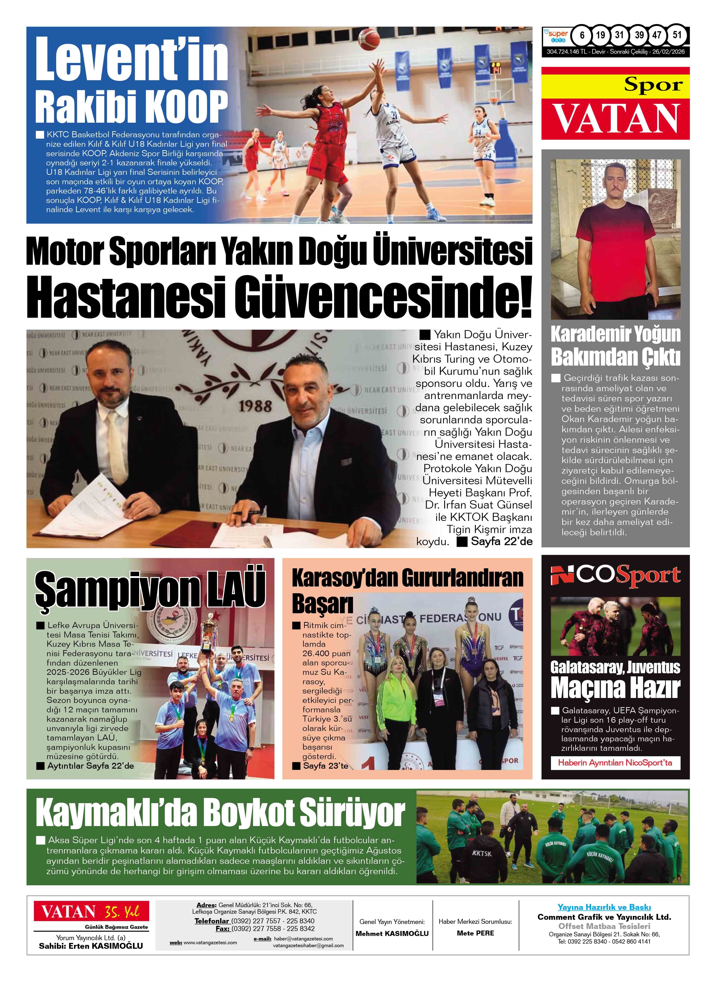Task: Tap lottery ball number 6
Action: pos(582,35)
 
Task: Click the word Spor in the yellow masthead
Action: pos(653,85)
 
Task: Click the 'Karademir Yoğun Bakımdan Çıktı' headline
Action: pos(615,346)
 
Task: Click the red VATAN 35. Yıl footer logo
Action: pos(92,911)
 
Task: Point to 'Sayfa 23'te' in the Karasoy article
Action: pos(325,766)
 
